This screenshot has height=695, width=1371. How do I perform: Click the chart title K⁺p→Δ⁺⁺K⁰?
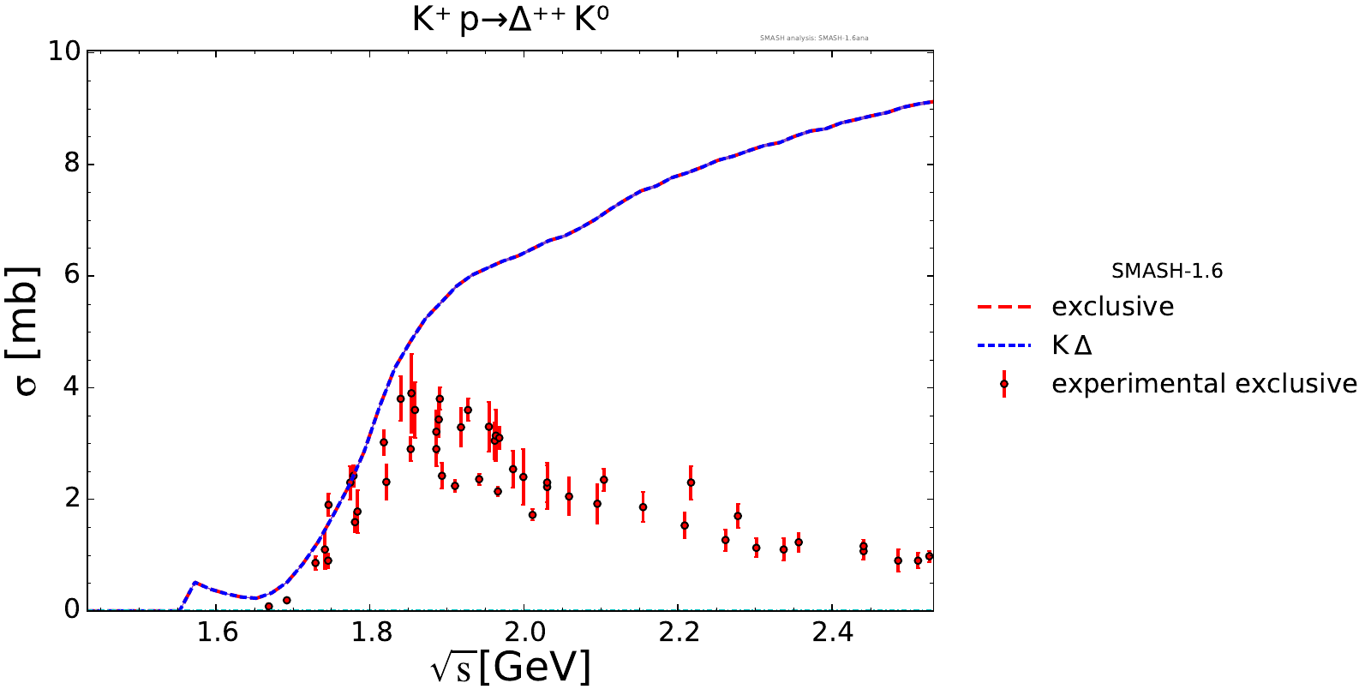[x=511, y=19]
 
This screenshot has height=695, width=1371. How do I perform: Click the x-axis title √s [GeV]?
[x=511, y=667]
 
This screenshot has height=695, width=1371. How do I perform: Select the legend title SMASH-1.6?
[x=1166, y=272]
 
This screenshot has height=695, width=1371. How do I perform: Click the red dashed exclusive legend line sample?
[x=1003, y=307]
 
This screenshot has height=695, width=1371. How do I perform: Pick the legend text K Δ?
[x=1072, y=345]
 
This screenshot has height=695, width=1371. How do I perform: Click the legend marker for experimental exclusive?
[x=1004, y=384]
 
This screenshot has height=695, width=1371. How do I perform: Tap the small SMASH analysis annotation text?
[x=814, y=38]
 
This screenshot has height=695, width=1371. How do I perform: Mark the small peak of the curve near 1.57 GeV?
[x=195, y=583]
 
